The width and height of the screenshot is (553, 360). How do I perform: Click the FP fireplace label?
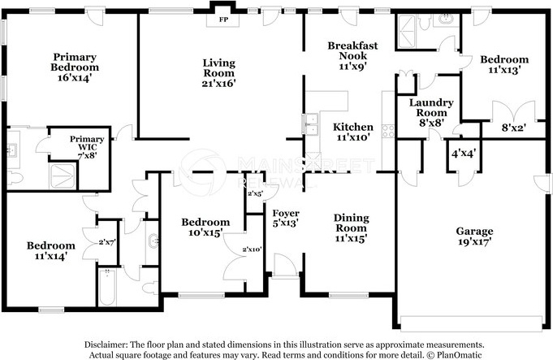223,20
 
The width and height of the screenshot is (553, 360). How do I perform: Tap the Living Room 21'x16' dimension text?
218,84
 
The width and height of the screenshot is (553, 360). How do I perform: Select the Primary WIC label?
87,143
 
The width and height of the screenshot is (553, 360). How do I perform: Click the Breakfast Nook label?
352,50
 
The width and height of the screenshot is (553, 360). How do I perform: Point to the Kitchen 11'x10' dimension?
353,137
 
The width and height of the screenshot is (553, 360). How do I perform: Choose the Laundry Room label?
431,107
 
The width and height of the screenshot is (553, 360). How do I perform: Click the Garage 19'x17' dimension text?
474,242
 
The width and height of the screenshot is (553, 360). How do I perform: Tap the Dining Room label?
352,223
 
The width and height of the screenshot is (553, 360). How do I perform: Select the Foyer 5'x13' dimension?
286,223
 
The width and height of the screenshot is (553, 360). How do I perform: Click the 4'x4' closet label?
464,154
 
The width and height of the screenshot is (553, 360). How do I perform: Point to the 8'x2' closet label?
514,128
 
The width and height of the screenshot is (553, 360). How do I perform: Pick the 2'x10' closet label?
252,249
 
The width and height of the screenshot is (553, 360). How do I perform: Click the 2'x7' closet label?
107,242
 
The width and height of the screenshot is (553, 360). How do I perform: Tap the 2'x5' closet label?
255,193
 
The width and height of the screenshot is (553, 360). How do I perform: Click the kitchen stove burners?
388,131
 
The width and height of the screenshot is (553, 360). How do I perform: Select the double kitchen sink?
310,125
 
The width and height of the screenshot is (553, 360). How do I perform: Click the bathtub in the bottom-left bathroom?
107,288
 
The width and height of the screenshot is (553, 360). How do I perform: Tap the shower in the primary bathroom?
63,176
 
